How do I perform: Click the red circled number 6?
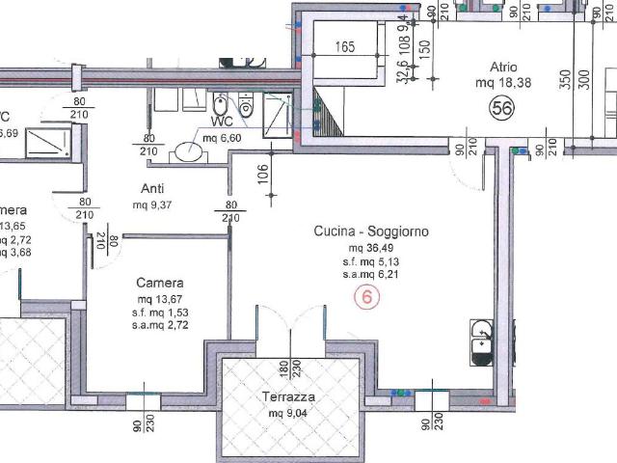(366, 297)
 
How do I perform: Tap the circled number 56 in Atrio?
(501, 109)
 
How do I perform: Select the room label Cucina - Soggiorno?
(370, 231)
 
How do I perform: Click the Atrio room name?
(503, 68)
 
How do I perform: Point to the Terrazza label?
(289, 397)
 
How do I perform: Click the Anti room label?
(150, 189)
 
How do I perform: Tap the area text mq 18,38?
(503, 84)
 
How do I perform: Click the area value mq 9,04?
(289, 414)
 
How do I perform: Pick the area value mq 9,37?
(151, 205)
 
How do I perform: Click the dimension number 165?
(347, 45)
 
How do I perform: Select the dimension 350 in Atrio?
(560, 78)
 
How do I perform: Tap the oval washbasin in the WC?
(185, 153)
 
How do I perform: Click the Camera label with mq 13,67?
(159, 283)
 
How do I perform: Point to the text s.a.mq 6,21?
(371, 274)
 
